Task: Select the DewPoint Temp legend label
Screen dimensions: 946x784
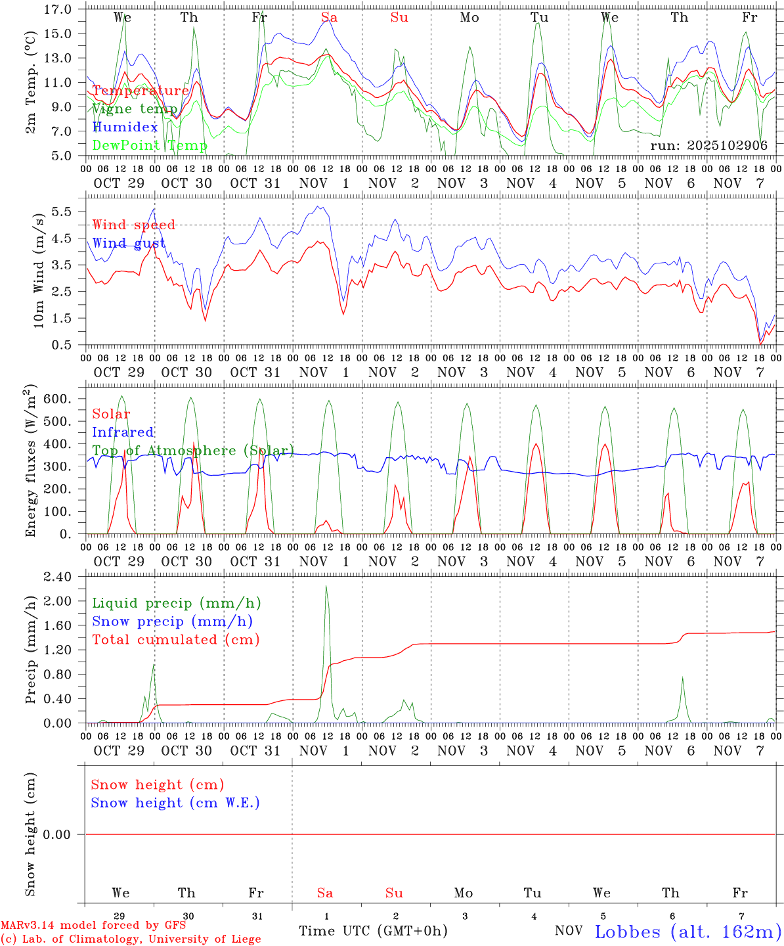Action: click(x=150, y=145)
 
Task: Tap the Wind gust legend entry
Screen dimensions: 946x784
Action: click(x=129, y=243)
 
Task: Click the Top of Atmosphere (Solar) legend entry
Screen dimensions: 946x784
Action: click(x=193, y=451)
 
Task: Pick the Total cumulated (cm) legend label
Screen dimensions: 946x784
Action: click(x=176, y=639)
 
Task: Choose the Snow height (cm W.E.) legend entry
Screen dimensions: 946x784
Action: click(x=175, y=803)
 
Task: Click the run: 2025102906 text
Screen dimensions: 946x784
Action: click(x=708, y=145)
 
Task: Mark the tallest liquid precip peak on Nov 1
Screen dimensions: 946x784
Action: click(x=326, y=586)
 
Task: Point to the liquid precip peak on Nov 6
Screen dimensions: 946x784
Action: click(x=683, y=677)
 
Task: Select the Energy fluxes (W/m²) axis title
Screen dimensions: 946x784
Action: click(x=30, y=462)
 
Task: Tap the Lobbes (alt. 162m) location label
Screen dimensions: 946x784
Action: click(x=687, y=932)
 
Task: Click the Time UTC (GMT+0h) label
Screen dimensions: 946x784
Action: click(x=373, y=931)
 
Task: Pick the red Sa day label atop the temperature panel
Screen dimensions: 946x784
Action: click(x=329, y=18)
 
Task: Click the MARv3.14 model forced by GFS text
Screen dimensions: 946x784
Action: click(x=93, y=925)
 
